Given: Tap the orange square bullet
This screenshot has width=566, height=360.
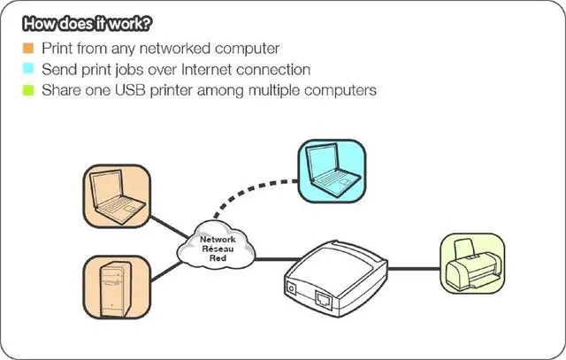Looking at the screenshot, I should click(x=28, y=48).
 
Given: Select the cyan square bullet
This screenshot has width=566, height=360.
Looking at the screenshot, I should click(x=28, y=69).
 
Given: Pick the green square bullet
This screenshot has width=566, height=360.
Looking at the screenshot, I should click(x=28, y=89).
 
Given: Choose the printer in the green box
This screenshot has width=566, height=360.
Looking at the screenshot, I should click(x=476, y=264).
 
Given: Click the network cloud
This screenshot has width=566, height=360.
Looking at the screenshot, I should click(x=218, y=249).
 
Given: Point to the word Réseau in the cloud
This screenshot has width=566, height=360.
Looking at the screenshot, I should click(x=218, y=249).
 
